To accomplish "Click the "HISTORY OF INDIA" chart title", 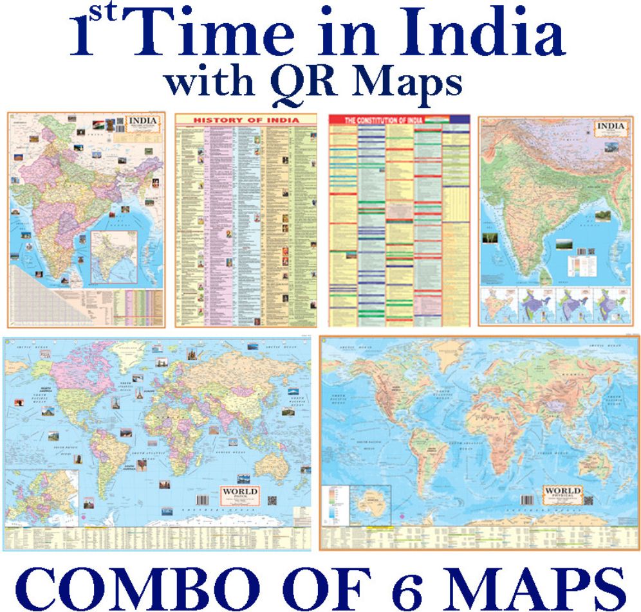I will point(246,120).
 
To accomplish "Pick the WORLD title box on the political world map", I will point(240,495).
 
